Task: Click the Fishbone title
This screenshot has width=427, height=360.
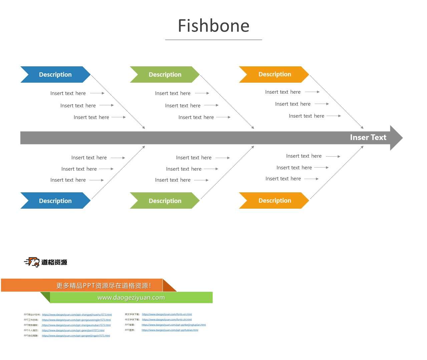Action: point(213,26)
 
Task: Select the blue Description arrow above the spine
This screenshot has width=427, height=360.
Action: point(55,74)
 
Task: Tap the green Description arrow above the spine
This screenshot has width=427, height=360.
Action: point(165,74)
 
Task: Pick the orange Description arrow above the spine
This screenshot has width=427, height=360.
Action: point(274,74)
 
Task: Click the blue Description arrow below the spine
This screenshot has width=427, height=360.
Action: point(55,201)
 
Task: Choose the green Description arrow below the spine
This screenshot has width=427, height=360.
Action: point(165,201)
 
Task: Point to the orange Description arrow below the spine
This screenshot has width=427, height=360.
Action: point(274,200)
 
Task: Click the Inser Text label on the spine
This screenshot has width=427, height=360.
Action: point(368,137)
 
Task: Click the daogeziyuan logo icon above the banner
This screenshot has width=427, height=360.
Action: point(32,262)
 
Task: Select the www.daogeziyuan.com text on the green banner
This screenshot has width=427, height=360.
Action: point(131,298)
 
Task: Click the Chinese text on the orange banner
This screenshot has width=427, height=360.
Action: point(103,286)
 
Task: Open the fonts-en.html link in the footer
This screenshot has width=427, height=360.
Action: point(167,314)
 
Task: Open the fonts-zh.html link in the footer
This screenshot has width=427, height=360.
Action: point(167,320)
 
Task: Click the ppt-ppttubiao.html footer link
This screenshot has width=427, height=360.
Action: point(170,330)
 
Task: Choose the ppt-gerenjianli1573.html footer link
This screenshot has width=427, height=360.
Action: point(73,331)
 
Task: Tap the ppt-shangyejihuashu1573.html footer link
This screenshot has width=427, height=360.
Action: point(77,315)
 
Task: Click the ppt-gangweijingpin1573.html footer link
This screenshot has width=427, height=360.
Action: point(76,336)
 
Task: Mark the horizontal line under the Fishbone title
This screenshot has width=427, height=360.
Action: point(213,40)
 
